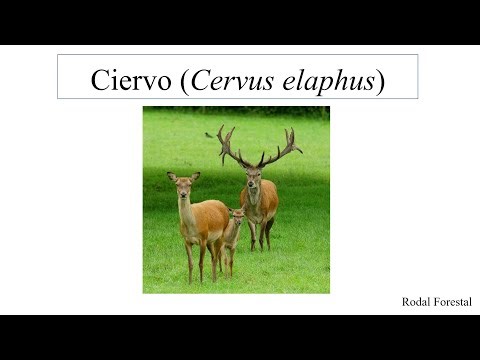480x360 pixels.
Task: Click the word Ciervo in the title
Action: coord(131,79)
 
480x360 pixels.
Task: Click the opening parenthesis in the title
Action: coord(184,80)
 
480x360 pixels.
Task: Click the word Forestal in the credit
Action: coord(452,301)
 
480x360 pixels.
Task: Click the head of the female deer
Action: coord(183,187)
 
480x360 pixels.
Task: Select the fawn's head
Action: coord(237,216)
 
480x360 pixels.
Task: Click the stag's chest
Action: coord(257,206)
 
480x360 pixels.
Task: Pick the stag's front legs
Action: coord(257,234)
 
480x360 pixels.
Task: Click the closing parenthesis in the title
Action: coord(381,80)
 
